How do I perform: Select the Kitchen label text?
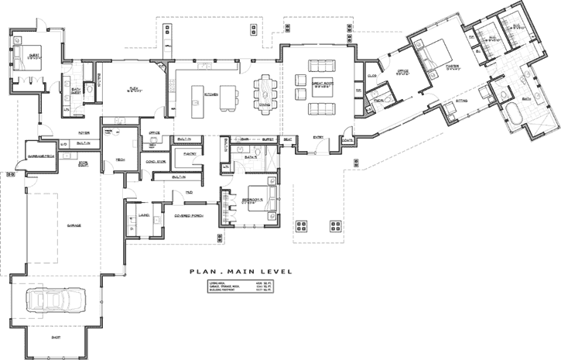(x=210, y=94)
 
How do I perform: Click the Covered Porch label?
(x=188, y=214)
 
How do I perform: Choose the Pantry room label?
(x=189, y=154)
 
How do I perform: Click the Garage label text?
(x=74, y=225)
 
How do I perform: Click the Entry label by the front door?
(x=317, y=138)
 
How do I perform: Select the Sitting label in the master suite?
(x=462, y=101)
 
